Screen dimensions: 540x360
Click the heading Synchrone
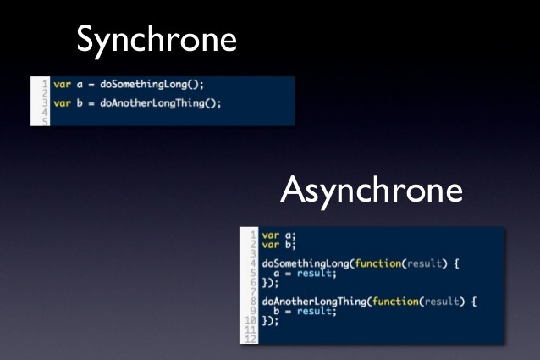coord(157,41)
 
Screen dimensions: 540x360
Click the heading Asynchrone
coord(372,191)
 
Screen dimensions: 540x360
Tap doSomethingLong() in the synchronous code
coord(152,85)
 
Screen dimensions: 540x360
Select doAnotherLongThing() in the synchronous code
coord(161,103)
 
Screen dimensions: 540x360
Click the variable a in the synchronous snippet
coord(80,85)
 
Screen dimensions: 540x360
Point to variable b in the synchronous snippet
coord(80,102)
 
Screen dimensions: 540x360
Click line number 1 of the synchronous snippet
coord(45,84)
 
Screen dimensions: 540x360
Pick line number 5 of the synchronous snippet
coord(45,122)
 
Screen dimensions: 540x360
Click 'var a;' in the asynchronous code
coord(278,235)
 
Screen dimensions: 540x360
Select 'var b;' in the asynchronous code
coord(278,245)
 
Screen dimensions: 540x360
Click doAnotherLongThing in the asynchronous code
coord(314,302)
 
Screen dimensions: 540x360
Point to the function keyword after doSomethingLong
coord(377,263)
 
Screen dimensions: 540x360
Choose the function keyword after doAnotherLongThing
coord(395,302)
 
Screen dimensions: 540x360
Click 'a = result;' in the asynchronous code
coord(305,274)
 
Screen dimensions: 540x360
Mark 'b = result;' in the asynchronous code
coord(305,311)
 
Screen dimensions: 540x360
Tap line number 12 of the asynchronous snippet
coord(251,339)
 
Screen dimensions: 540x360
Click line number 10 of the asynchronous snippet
coord(251,320)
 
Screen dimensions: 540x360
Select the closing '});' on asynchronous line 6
coord(270,283)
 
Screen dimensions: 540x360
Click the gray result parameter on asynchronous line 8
coord(442,302)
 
